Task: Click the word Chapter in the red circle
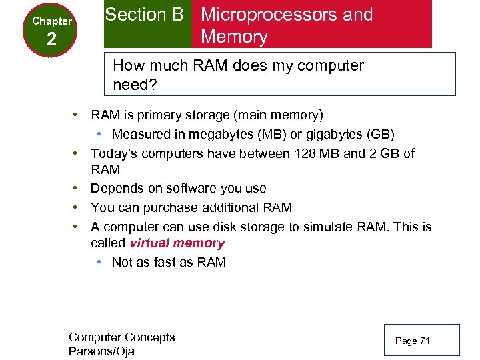[x=51, y=21]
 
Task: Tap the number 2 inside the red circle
[x=51, y=41]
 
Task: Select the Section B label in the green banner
[x=145, y=15]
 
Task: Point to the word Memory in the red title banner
[x=234, y=37]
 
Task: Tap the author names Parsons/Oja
[x=101, y=351]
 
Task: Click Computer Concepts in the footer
[x=122, y=337]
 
